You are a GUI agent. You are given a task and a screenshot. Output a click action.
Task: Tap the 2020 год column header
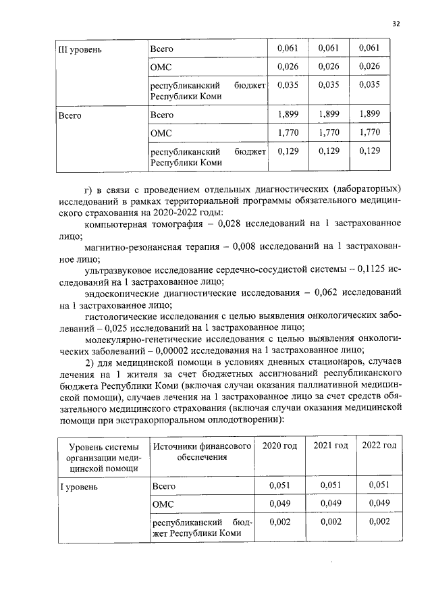click(279, 446)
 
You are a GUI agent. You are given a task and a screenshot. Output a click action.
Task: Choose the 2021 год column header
click(331, 446)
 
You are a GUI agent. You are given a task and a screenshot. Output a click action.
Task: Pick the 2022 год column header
click(379, 446)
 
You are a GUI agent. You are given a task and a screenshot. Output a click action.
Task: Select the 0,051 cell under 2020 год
click(279, 485)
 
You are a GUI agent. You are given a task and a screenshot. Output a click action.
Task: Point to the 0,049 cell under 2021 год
click(331, 504)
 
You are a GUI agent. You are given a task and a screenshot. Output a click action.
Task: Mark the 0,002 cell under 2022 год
click(379, 522)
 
